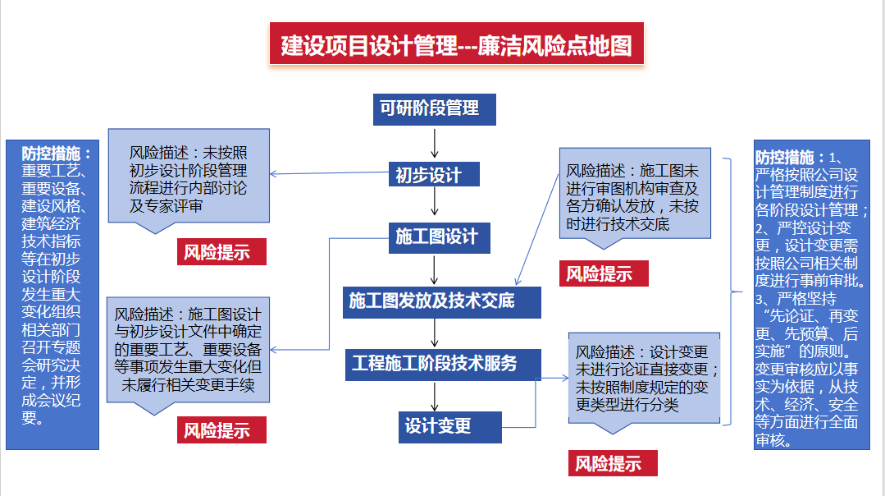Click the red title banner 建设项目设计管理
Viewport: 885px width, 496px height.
[457, 44]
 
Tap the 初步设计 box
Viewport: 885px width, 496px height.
[434, 175]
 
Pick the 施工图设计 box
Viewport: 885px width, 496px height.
[436, 237]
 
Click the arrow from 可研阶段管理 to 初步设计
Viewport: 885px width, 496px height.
[435, 143]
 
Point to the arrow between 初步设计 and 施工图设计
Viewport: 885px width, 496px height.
[435, 205]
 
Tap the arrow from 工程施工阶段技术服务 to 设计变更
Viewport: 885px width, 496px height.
[435, 396]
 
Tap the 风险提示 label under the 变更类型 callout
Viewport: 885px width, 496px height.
[608, 463]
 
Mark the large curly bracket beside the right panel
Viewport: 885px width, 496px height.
[728, 291]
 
